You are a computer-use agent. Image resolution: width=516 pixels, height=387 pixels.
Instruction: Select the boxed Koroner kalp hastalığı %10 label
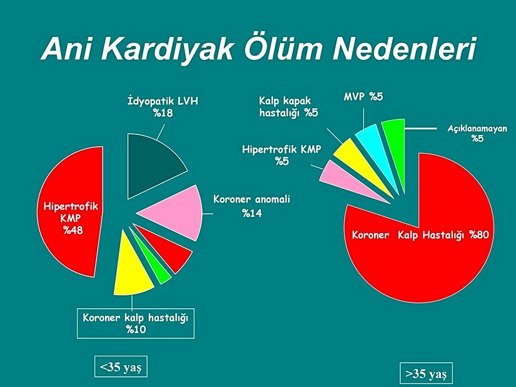click(135, 323)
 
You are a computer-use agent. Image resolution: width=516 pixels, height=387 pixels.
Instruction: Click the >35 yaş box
click(426, 374)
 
